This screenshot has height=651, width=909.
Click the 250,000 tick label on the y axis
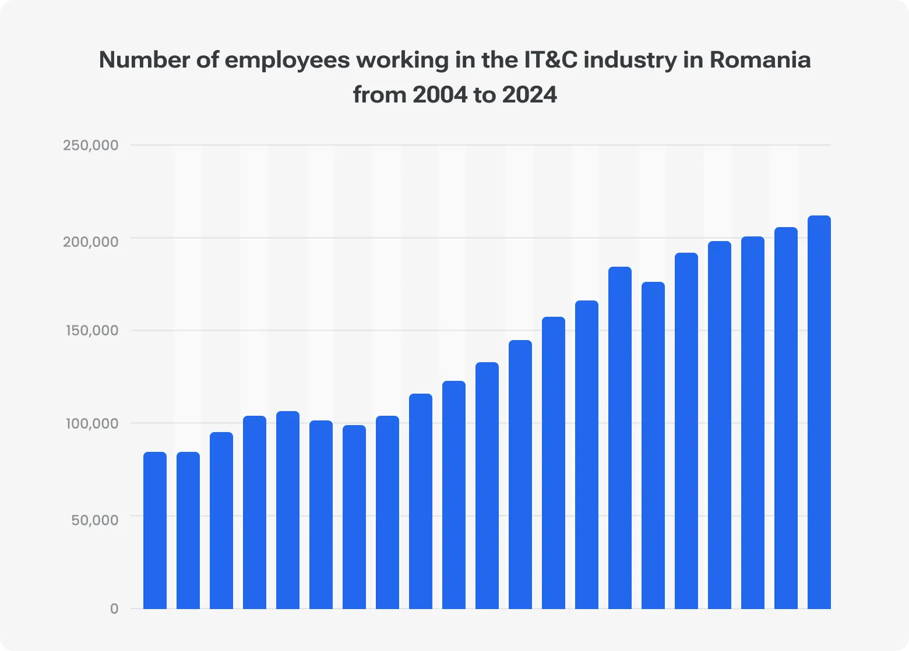[90, 145]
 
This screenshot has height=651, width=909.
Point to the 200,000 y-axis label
[90, 241]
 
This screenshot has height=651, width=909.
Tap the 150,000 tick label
[90, 330]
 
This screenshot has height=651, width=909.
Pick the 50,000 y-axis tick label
[94, 519]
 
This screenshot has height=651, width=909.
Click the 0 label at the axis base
[114, 608]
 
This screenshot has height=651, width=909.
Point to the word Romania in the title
[760, 60]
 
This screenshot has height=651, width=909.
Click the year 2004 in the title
[439, 95]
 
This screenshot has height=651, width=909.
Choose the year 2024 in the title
[529, 95]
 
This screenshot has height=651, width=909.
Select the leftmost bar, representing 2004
[155, 530]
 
